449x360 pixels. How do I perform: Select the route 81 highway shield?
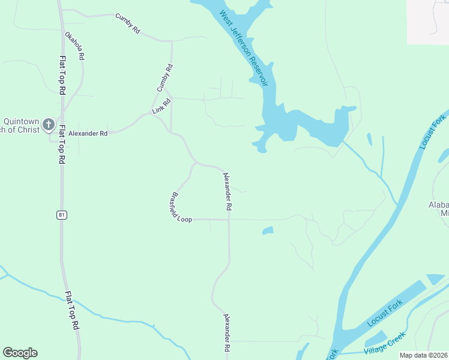pyautogui.click(x=61, y=215)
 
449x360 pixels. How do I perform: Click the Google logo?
pyautogui.click(x=20, y=353)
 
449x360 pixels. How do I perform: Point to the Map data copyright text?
pyautogui.click(x=423, y=355)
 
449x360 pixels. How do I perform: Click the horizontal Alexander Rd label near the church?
pyautogui.click(x=88, y=133)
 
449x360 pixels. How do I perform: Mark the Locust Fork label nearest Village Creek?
pyautogui.click(x=384, y=316)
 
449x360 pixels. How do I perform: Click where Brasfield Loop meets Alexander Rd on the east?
pyautogui.click(x=229, y=220)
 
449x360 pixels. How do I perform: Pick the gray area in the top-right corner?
pyautogui.click(x=428, y=22)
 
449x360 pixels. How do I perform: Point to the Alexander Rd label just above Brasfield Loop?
pyautogui.click(x=227, y=191)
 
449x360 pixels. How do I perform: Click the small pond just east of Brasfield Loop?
pyautogui.click(x=268, y=230)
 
